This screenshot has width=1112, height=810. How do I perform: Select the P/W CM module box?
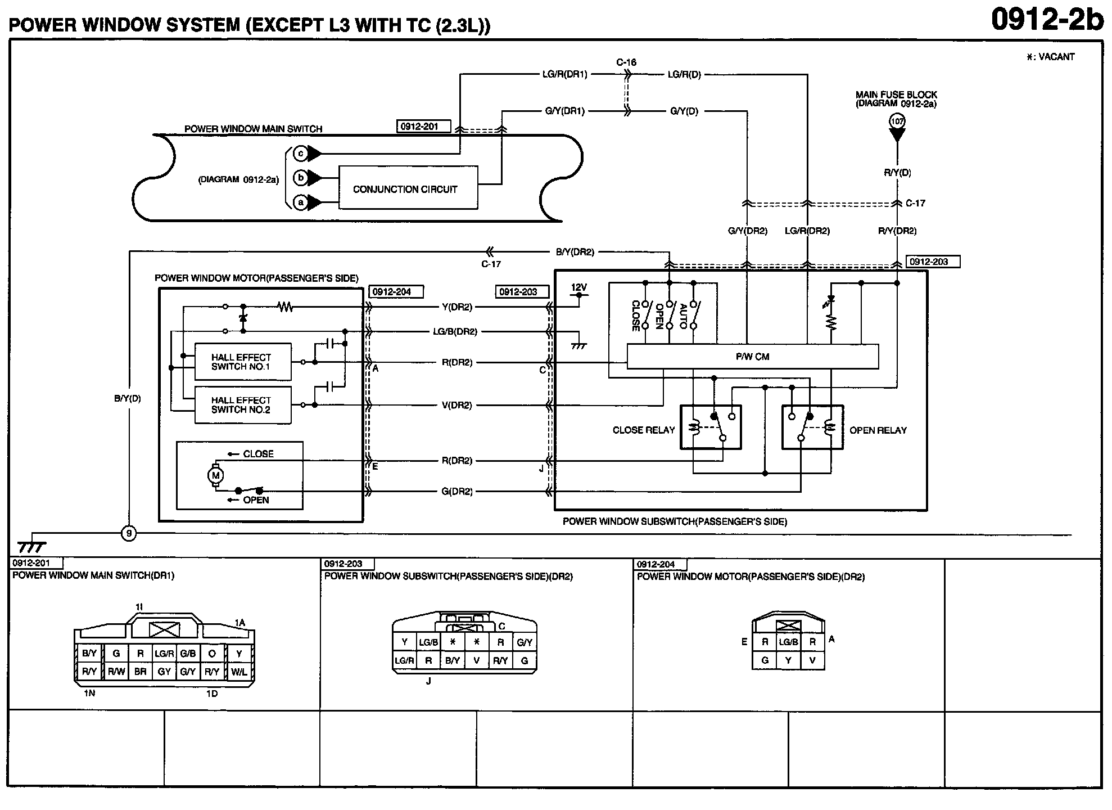pos(752,357)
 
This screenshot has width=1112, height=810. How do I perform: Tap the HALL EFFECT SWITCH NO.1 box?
pos(242,362)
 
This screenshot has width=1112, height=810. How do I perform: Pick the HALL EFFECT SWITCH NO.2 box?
pos(242,404)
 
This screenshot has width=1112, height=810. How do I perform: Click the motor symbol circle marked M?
pos(215,476)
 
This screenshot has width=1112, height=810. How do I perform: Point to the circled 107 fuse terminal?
pos(897,120)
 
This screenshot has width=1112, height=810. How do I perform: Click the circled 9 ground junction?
pos(129,533)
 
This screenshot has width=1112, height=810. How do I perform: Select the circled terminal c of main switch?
pos(301,153)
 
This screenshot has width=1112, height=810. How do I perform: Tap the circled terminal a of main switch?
pos(301,202)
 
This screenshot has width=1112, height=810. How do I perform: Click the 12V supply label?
pos(578,287)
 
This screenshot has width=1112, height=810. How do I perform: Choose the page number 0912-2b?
pos(1047,20)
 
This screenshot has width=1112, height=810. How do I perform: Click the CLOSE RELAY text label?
pos(643,430)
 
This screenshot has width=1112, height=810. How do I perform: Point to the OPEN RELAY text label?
pos(878,430)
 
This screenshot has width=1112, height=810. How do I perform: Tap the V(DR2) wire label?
pos(457,405)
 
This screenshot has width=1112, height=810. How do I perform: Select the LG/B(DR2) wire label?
pos(455,332)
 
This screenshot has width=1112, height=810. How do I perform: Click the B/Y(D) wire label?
pos(128,399)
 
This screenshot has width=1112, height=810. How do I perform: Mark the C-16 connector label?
pos(626,62)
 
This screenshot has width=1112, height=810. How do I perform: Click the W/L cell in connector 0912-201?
pos(239,672)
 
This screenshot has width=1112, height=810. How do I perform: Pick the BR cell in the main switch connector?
pos(141,672)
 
